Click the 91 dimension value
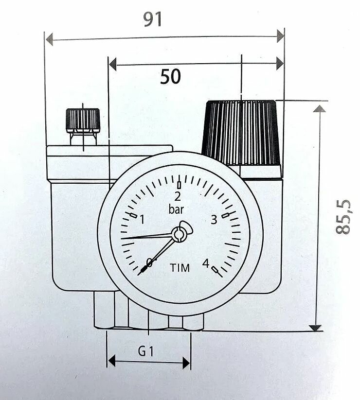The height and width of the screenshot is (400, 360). tap(153, 19)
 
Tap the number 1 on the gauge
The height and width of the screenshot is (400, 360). tap(142, 220)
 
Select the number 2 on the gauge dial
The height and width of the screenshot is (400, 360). tap(178, 196)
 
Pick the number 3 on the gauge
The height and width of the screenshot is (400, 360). tap(213, 220)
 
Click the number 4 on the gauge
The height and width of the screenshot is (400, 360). tap(206, 263)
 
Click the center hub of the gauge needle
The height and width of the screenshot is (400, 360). tap(179, 235)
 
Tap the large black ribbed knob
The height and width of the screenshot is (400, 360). tap(242, 132)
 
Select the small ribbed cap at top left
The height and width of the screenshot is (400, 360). tap(83, 120)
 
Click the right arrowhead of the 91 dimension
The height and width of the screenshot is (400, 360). tap(280, 35)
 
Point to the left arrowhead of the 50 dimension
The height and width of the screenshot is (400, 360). tap(113, 64)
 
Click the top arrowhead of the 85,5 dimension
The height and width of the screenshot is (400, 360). tap(319, 108)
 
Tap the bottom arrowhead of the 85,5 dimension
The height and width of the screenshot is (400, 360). tap(316, 328)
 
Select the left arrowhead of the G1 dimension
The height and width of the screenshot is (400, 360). tap(111, 361)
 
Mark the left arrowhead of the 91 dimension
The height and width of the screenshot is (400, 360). tap(49, 41)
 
